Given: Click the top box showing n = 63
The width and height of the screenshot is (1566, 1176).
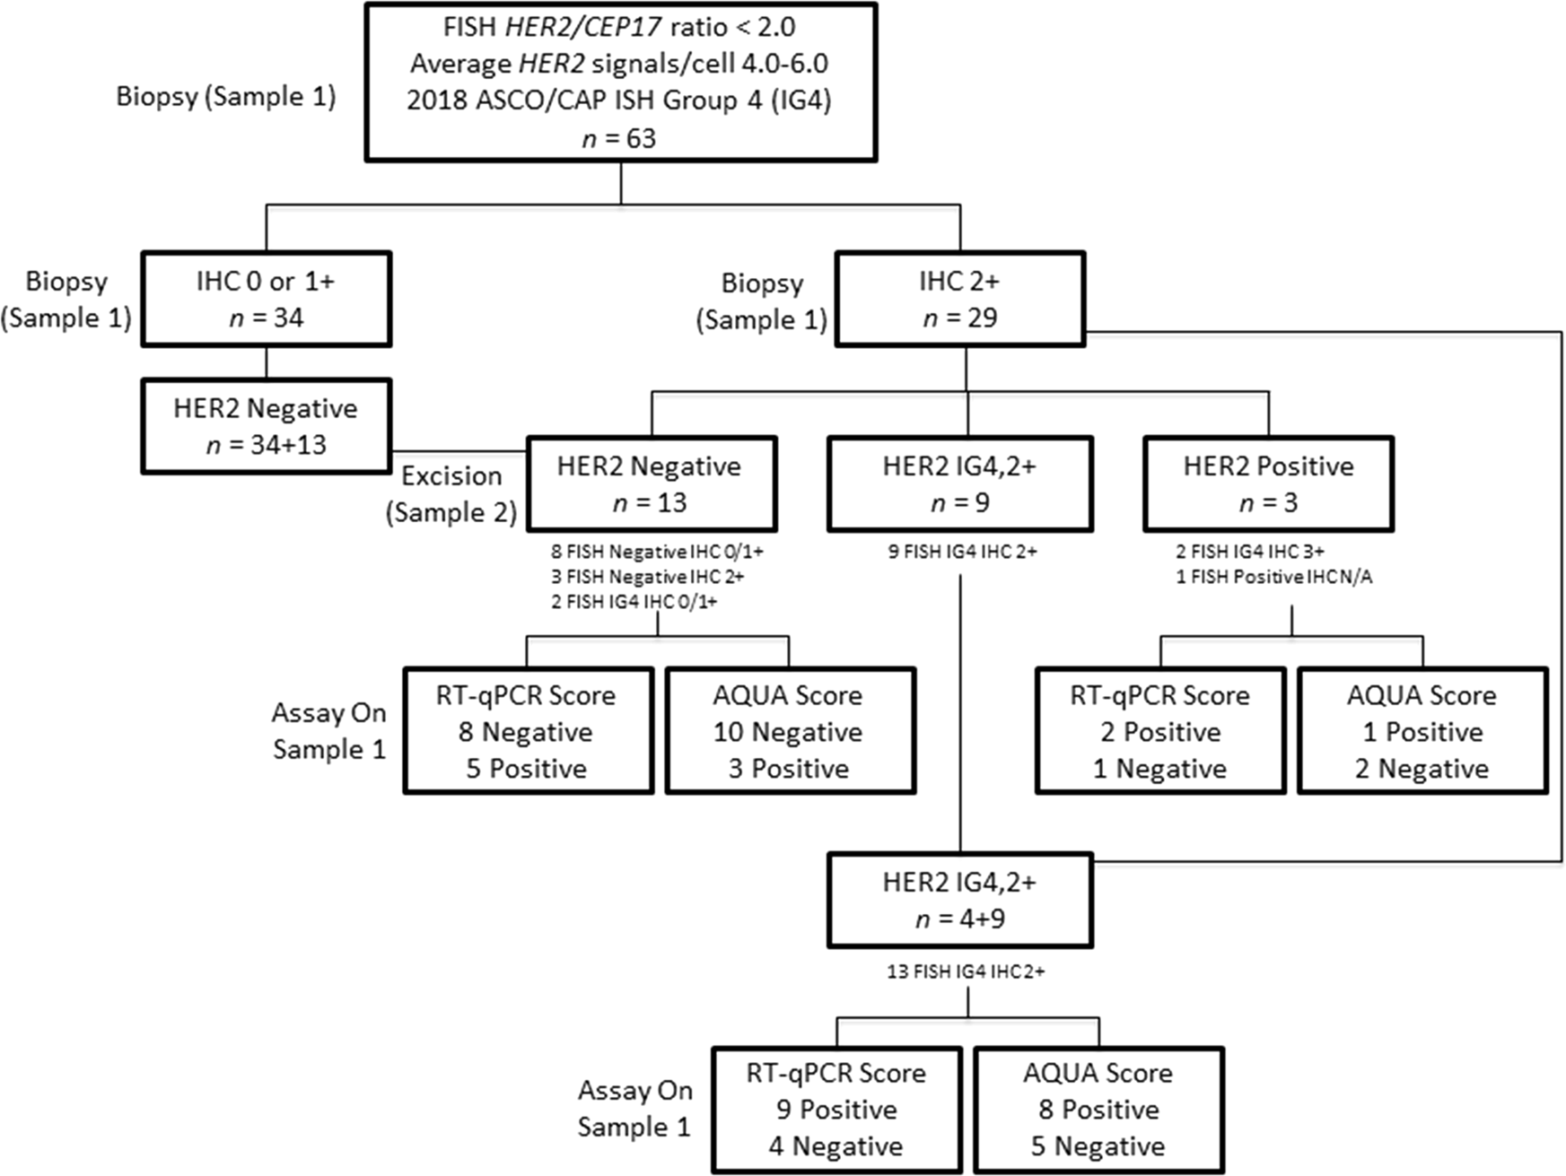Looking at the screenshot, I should click(x=620, y=83).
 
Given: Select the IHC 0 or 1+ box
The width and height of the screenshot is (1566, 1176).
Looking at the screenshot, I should click(x=266, y=299).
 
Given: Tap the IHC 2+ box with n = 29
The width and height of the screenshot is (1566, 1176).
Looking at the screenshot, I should click(x=959, y=299).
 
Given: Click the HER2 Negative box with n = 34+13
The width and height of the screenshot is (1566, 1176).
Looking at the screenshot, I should click(x=266, y=426).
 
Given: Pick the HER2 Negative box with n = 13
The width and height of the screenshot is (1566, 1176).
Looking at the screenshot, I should click(x=651, y=483).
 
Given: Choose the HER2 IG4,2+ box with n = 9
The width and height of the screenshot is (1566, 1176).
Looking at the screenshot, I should click(x=959, y=483).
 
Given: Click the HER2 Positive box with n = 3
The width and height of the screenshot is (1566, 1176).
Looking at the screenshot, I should click(x=1267, y=483).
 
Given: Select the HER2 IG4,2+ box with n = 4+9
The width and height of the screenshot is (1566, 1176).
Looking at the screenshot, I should click(x=959, y=900).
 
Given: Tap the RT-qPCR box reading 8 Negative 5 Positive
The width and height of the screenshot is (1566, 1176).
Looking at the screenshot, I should click(x=528, y=731).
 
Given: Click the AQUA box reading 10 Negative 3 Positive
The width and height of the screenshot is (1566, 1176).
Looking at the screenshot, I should click(x=790, y=731).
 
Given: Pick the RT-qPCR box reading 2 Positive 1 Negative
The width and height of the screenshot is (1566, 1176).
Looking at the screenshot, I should click(x=1159, y=731).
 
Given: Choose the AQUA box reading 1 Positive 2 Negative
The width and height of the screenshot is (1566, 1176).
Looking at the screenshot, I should click(x=1422, y=731).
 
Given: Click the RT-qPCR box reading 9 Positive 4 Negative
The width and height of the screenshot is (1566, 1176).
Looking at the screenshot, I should click(x=836, y=1110).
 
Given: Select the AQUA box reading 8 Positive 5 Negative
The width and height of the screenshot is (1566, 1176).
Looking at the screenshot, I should click(x=1098, y=1110).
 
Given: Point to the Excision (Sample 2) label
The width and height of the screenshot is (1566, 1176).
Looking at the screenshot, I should click(x=451, y=494).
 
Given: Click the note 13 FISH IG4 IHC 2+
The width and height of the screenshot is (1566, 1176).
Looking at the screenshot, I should click(x=966, y=971).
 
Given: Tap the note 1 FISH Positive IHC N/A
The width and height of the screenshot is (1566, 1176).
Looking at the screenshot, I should click(x=1273, y=577).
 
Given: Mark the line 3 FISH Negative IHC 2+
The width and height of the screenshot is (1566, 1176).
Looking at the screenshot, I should click(x=647, y=577).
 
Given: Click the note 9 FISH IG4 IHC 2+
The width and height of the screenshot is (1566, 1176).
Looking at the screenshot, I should click(x=962, y=552).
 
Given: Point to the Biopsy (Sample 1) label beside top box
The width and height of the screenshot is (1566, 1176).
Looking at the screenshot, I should click(x=226, y=97).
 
